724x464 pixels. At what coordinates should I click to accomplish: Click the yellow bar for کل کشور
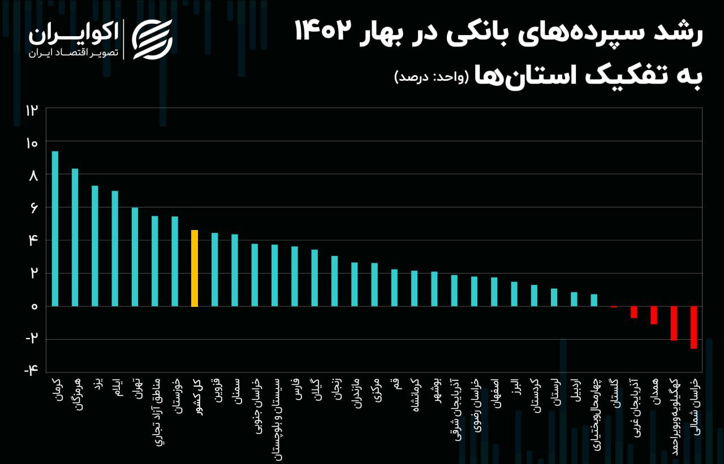[195, 268]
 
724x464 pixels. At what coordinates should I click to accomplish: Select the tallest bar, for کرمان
[55, 228]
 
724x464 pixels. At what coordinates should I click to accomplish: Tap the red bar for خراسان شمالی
[693, 327]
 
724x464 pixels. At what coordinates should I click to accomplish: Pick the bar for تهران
[135, 257]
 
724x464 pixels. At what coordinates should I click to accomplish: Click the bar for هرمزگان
[75, 237]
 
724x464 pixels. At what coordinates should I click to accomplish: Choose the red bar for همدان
[654, 315]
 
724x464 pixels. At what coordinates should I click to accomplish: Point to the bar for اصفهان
[494, 292]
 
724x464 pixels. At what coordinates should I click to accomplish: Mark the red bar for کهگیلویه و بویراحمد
[674, 323]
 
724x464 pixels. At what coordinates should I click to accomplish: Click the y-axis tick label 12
[31, 110]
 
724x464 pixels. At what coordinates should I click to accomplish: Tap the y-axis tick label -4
[31, 370]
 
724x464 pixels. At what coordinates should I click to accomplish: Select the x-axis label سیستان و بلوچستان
[275, 415]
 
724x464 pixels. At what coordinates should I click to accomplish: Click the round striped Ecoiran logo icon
[152, 39]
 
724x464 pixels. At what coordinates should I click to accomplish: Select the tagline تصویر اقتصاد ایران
[73, 53]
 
